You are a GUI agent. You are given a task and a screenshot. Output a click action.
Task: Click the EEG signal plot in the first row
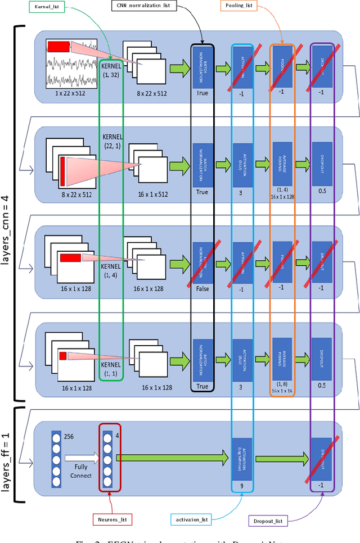point(72,64)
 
